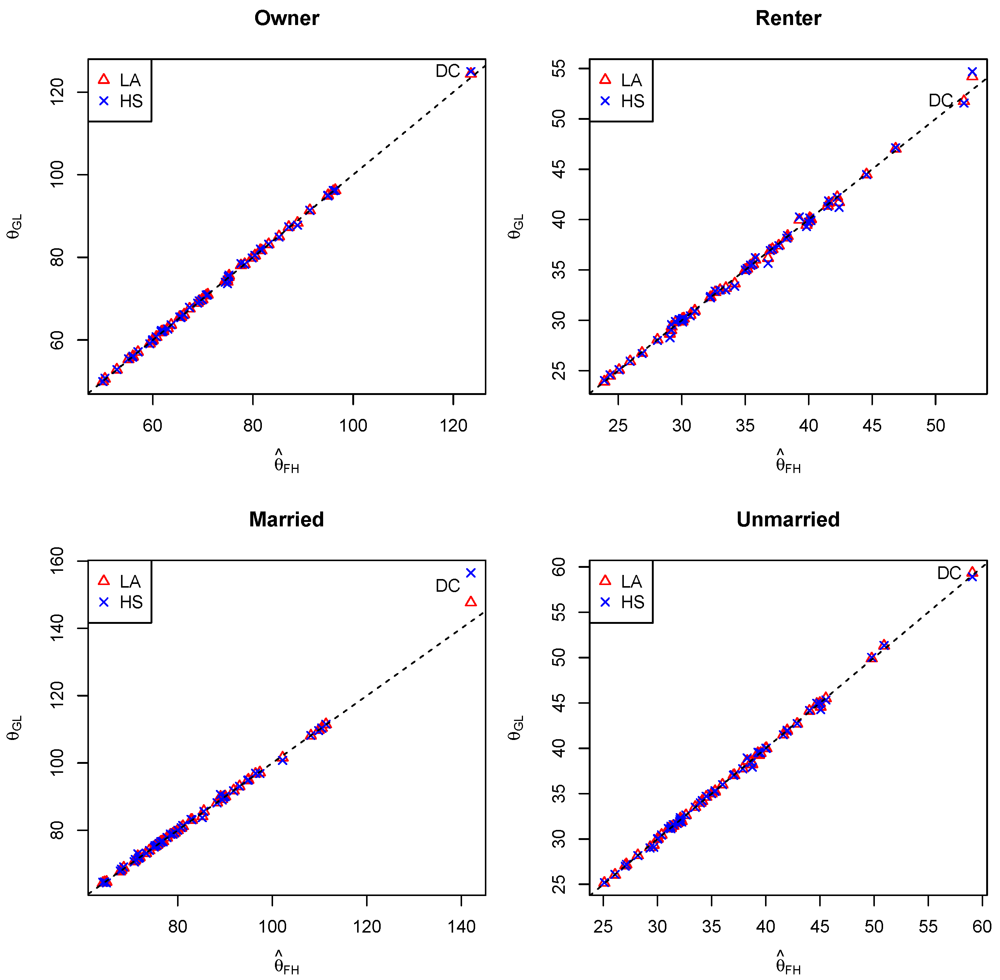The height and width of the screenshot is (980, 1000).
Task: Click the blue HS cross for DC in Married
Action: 470,573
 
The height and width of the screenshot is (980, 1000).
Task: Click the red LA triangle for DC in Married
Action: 470,601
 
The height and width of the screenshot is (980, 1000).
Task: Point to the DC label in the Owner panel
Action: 447,71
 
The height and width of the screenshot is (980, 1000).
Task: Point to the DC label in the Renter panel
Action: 940,100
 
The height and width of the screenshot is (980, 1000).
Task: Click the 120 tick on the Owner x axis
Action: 453,426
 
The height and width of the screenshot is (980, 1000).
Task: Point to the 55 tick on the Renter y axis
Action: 559,68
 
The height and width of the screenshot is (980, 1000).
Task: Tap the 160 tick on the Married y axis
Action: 57,560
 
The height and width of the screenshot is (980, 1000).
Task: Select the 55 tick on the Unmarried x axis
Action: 928,927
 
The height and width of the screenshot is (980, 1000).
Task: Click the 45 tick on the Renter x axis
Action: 872,426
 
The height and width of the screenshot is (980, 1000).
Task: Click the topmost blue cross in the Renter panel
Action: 972,72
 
